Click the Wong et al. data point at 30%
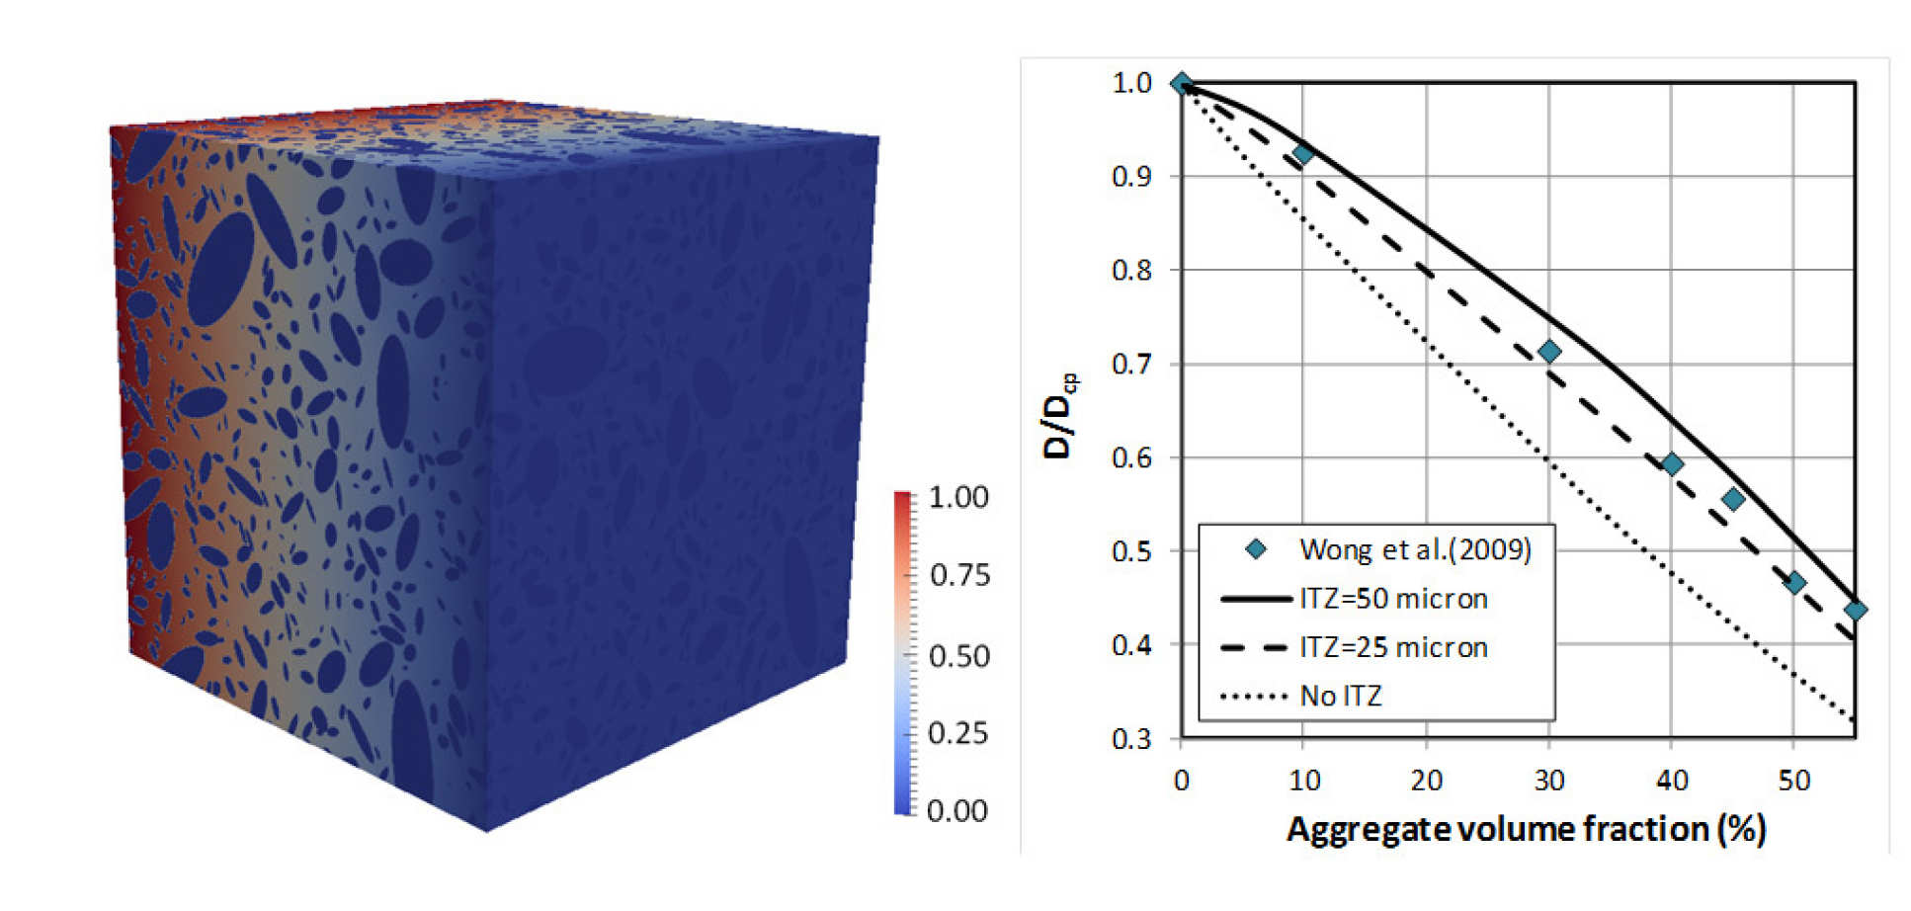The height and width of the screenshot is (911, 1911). pos(1549,352)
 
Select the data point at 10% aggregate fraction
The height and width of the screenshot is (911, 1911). pos(1303,154)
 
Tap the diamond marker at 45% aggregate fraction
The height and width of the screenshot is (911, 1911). pos(1732,500)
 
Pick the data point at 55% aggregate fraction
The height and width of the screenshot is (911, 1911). pos(1855,611)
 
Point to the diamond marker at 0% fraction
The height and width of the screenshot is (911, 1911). pos(1182,84)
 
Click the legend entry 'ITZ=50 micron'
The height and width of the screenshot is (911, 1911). pos(1393,599)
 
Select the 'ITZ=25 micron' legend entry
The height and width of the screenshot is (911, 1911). pos(1393,647)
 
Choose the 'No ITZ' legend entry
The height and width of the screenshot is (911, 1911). pos(1341,696)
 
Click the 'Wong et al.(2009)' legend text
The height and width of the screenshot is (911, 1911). pos(1415,549)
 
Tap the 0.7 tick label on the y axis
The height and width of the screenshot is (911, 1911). pos(1131,364)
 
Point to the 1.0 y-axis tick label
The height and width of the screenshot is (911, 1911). pos(1131,83)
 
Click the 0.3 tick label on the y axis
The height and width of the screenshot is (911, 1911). pos(1131,738)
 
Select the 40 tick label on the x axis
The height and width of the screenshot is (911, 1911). pos(1671,781)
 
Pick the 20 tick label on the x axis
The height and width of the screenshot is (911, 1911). pos(1426,781)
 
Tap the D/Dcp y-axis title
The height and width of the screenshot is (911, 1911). pos(1059,415)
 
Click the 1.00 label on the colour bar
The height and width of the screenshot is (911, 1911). pos(958,497)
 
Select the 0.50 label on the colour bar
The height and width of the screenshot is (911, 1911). pos(958,656)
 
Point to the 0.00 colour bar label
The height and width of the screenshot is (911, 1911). pos(956,811)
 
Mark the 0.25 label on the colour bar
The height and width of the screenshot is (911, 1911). pos(958,733)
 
